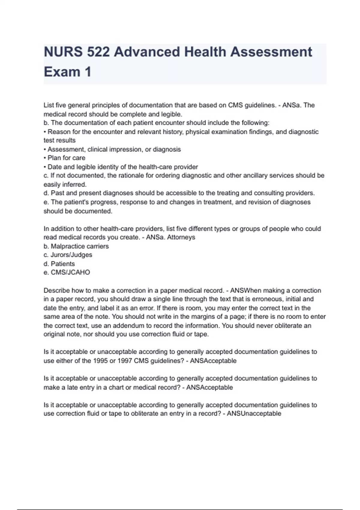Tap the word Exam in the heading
(x=62, y=72)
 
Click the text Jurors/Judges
(x=71, y=255)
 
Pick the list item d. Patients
(x=59, y=264)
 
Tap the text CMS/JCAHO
(x=70, y=272)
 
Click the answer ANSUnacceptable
(x=254, y=414)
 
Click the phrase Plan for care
(x=66, y=158)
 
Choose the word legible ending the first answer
(x=171, y=114)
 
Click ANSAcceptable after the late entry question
(x=209, y=388)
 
